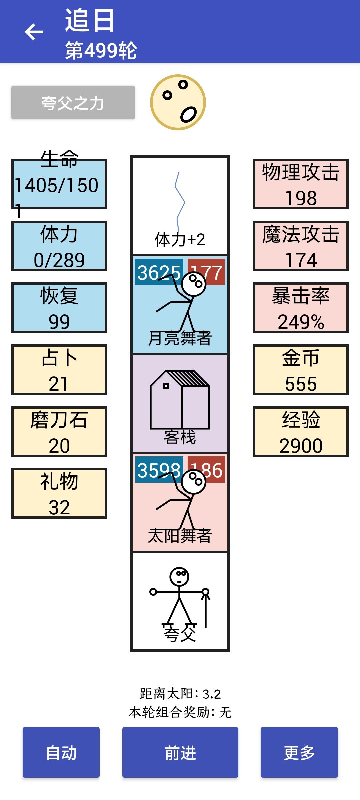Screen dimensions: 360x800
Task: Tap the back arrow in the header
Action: pos(34,32)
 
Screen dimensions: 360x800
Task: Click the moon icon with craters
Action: pos(178,102)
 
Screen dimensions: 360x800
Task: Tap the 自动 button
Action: pos(61,752)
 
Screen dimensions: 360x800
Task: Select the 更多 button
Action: pos(299,752)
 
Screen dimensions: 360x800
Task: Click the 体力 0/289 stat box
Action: pos(59,246)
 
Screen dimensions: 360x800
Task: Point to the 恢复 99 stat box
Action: pos(59,308)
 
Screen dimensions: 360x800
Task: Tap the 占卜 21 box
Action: pos(59,370)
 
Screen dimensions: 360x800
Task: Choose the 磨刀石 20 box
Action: pos(59,432)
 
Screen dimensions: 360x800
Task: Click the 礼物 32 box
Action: pos(59,493)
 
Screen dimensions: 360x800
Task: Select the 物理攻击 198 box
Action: pos(301,184)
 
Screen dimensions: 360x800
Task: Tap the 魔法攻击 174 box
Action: pos(301,246)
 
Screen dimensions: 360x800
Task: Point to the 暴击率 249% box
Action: pos(301,308)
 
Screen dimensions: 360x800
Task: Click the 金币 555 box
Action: pos(301,370)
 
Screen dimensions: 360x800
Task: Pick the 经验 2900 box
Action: pos(301,432)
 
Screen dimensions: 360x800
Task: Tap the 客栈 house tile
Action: pos(180,403)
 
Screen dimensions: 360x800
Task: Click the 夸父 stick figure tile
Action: pos(180,601)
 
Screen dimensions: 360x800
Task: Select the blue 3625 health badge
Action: pos(159,272)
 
